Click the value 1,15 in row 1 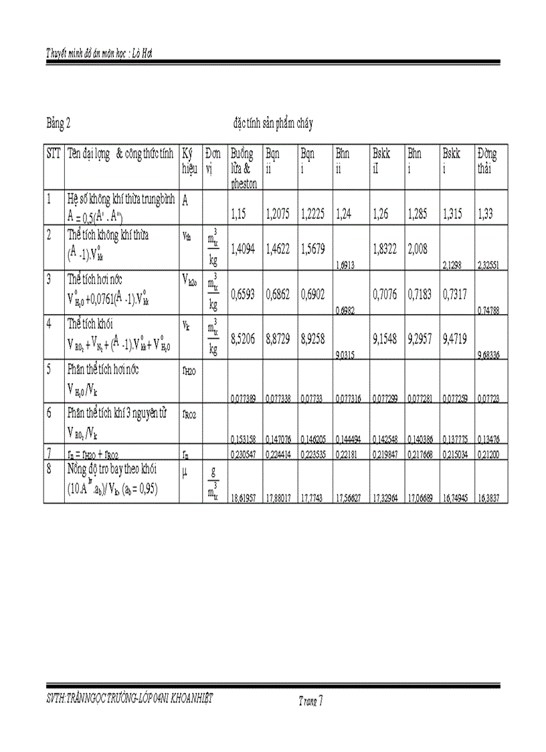(x=239, y=216)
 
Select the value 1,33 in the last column (x=486, y=216)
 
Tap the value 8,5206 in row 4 (x=243, y=340)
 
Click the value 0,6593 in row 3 (x=243, y=293)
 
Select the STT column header (x=54, y=154)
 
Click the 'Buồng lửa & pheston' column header (x=242, y=168)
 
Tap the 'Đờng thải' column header (x=487, y=161)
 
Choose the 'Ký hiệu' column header (x=190, y=161)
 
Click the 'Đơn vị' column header (x=213, y=161)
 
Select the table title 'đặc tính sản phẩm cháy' (x=272, y=124)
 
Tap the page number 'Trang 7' (x=310, y=701)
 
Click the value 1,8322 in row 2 (x=384, y=249)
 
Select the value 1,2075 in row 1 (x=278, y=216)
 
